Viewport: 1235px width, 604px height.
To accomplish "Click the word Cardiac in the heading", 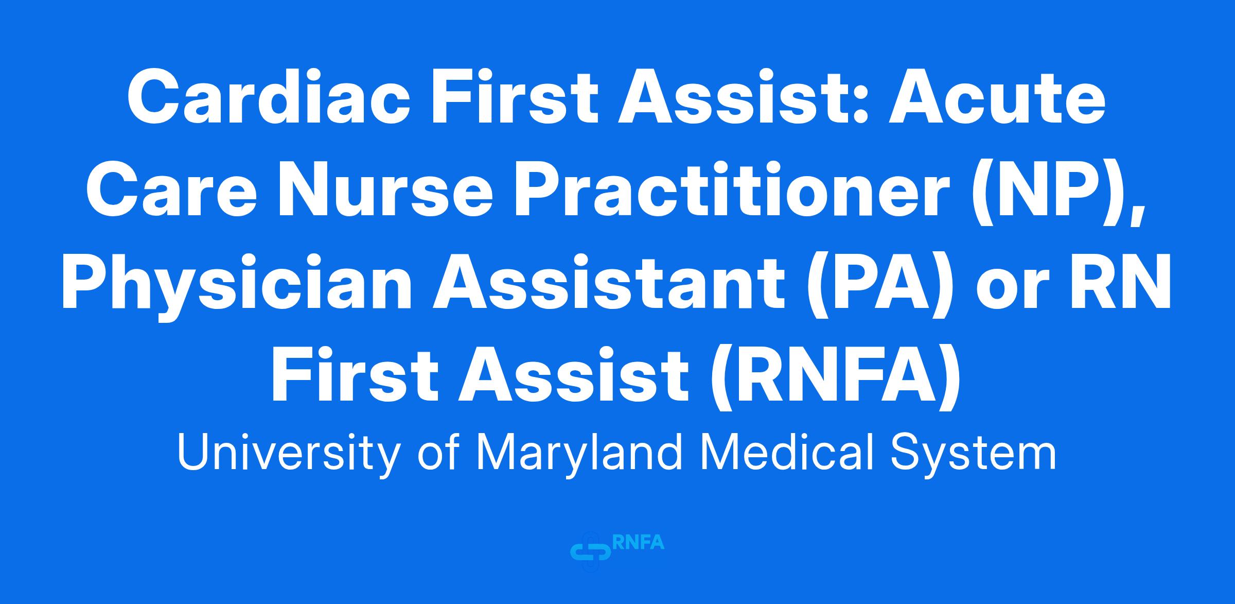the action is [267, 98].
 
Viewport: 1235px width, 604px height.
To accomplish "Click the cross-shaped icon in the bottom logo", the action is [591, 552].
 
